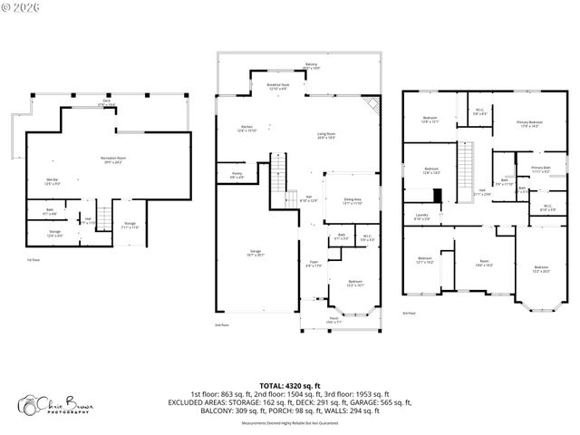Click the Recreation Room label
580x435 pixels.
tap(112, 159)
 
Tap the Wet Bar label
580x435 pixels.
tap(53, 181)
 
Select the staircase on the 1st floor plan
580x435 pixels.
tap(104, 218)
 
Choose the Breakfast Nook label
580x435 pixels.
tap(277, 86)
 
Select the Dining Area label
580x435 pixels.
tap(352, 201)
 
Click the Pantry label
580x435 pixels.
tap(237, 176)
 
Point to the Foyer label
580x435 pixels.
tap(314, 264)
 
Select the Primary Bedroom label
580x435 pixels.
tap(530, 123)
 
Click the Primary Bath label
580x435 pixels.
tap(541, 169)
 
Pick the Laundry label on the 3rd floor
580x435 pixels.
tap(422, 217)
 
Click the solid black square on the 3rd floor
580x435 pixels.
tap(438, 196)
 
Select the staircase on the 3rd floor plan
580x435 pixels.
tap(467, 167)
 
